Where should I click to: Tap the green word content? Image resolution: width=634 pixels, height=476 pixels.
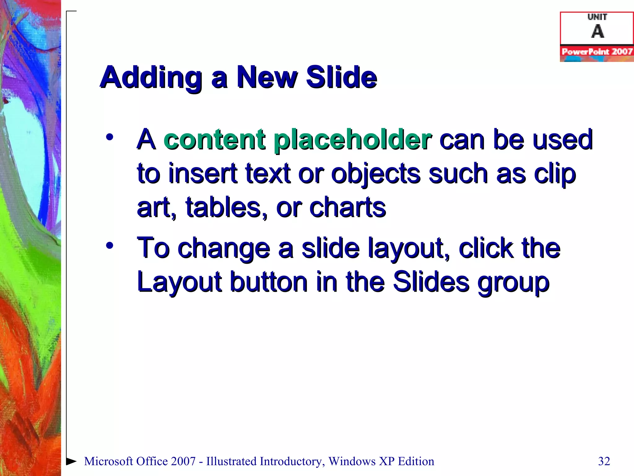(x=214, y=139)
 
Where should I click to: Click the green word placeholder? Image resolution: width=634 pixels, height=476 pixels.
(x=353, y=140)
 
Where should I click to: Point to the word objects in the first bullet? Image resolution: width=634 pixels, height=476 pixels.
(x=376, y=174)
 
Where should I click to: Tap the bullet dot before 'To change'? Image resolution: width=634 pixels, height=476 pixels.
(x=109, y=245)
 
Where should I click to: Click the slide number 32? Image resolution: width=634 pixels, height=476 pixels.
(x=604, y=461)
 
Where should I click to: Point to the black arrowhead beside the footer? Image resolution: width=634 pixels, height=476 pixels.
(x=72, y=461)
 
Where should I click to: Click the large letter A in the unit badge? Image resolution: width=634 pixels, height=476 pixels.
(x=597, y=31)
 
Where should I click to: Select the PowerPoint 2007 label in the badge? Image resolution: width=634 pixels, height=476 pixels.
(x=597, y=51)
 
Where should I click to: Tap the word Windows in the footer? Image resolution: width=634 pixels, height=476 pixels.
(x=352, y=461)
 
